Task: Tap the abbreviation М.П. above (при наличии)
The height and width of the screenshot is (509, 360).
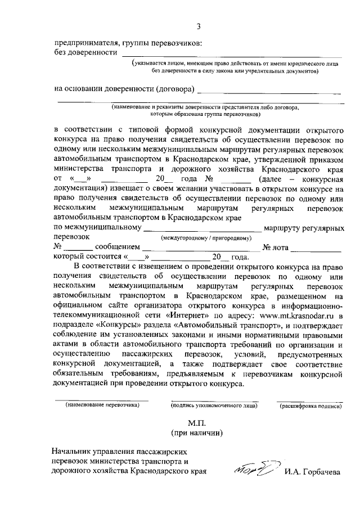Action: (197, 422)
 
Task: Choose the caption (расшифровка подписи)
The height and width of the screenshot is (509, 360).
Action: (309, 404)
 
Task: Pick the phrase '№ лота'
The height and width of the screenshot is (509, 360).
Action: (276, 247)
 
